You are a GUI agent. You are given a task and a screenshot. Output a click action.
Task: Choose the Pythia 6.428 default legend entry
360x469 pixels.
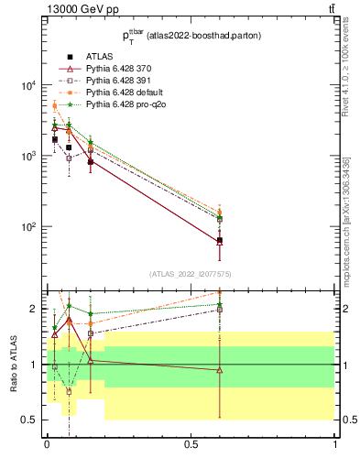coord(125,93)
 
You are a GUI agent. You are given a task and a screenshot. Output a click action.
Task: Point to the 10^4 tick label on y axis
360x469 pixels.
coord(28,86)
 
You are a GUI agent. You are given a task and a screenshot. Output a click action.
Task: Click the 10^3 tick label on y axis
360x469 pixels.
coord(28,157)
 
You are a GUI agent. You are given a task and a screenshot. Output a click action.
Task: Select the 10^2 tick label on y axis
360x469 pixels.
coord(28,227)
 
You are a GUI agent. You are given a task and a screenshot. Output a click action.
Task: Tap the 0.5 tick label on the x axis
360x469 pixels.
coord(191,444)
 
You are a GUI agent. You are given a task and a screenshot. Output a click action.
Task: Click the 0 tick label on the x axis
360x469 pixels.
coord(47,444)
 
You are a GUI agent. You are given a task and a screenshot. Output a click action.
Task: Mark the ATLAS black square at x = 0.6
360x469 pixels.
coord(220,241)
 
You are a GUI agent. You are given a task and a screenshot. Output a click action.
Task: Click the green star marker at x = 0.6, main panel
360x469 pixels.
coord(220,218)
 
